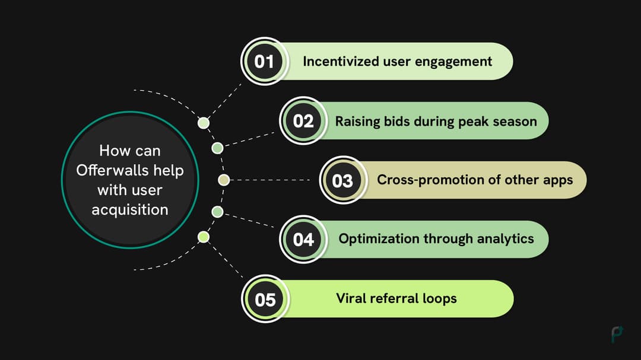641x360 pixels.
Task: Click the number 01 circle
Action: [264, 62]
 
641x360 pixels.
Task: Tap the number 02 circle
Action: [303, 121]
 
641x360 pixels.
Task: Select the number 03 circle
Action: [342, 180]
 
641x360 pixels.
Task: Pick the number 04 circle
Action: [303, 240]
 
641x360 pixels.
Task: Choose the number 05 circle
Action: [265, 299]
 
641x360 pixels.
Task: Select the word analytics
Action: [506, 239]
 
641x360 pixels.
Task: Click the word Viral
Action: [351, 298]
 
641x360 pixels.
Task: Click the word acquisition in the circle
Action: [130, 210]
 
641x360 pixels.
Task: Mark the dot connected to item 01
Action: [204, 123]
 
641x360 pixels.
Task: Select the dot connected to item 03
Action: [224, 180]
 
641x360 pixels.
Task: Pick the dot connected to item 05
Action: [204, 237]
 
